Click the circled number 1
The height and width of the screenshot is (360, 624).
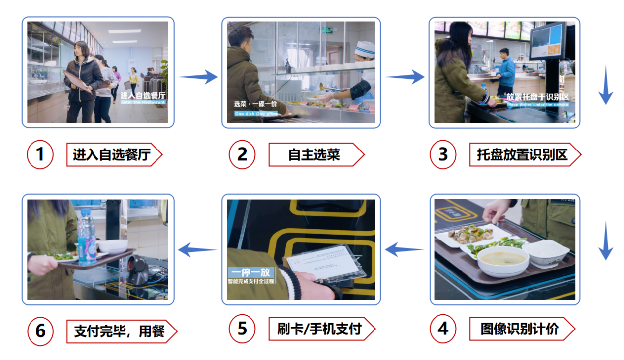pyautogui.click(x=40, y=154)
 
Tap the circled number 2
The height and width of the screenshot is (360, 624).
pyautogui.click(x=242, y=154)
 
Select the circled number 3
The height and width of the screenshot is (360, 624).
pyautogui.click(x=443, y=154)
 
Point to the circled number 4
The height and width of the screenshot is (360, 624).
pyautogui.click(x=443, y=329)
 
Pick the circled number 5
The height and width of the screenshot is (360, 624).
pyautogui.click(x=242, y=329)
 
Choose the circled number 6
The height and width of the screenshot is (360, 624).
pyautogui.click(x=40, y=330)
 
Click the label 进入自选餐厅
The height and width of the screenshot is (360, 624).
pyautogui.click(x=114, y=155)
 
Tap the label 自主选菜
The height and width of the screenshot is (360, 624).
pyautogui.click(x=315, y=155)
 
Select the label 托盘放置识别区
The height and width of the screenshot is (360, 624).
pyautogui.click(x=524, y=155)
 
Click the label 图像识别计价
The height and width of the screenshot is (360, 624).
pyautogui.click(x=521, y=329)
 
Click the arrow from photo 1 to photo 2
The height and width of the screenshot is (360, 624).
pyautogui.click(x=198, y=77)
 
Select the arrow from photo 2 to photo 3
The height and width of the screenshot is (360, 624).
pyautogui.click(x=405, y=77)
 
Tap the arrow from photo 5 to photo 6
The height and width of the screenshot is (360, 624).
pyautogui.click(x=197, y=250)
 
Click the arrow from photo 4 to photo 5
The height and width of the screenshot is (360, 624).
pyautogui.click(x=404, y=250)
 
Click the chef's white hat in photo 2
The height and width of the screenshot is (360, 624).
pyautogui.click(x=365, y=49)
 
